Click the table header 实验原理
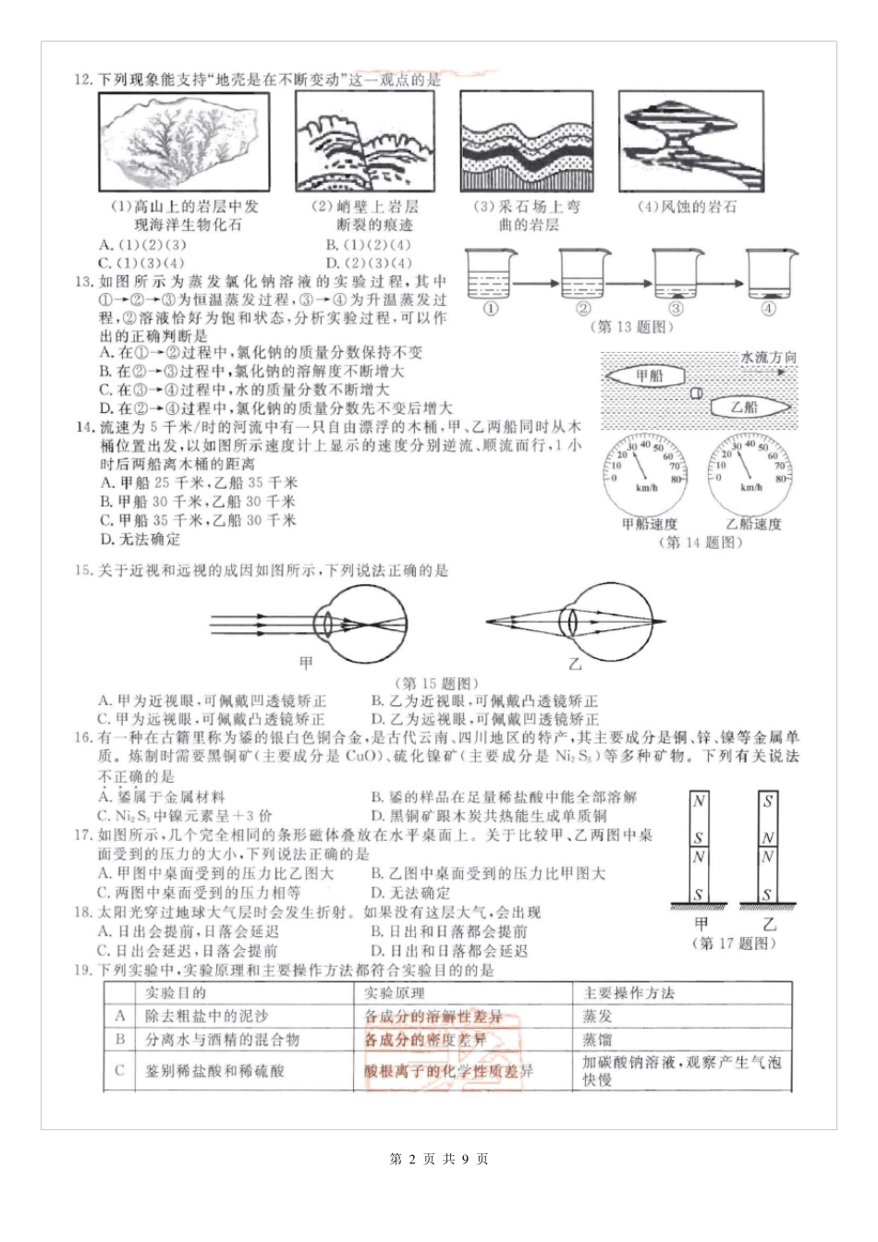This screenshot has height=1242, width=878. (x=395, y=993)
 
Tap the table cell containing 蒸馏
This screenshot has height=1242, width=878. (x=597, y=1040)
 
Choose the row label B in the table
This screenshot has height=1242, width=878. (x=120, y=1040)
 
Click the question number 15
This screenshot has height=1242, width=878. (x=84, y=571)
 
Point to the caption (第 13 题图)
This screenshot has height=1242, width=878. (x=631, y=326)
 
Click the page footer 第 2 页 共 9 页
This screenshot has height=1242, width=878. (x=439, y=1159)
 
